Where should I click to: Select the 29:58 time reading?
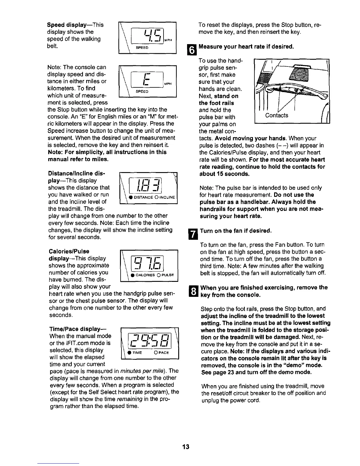[150, 340]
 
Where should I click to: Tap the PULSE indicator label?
[168, 275]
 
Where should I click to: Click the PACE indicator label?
[163, 352]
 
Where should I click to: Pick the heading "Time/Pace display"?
[78, 329]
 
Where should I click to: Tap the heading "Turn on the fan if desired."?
[235, 231]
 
